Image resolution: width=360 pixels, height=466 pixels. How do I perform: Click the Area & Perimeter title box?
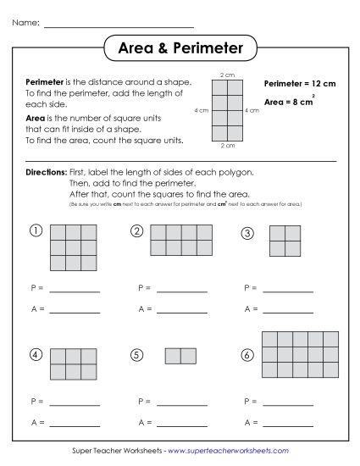click(179, 48)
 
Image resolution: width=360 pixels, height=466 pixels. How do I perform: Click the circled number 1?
click(36, 230)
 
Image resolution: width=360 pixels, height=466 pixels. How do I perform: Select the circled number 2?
click(136, 230)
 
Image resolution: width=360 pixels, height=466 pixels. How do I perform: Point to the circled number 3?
click(247, 233)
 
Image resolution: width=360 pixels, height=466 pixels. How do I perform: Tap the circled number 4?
click(36, 354)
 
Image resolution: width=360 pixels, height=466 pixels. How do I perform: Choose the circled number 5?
click(136, 355)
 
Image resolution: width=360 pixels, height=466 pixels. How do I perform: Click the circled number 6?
click(247, 354)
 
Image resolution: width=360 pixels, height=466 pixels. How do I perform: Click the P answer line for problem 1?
click(75, 291)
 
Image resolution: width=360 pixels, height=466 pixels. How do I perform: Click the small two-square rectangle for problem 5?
click(180, 355)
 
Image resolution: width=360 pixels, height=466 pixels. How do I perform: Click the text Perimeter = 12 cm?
click(300, 84)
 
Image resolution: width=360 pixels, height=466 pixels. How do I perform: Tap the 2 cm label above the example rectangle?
click(227, 75)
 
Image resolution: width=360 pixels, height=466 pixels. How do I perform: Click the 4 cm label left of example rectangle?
click(202, 110)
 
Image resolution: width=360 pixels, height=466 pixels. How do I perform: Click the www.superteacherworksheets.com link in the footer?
click(228, 451)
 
